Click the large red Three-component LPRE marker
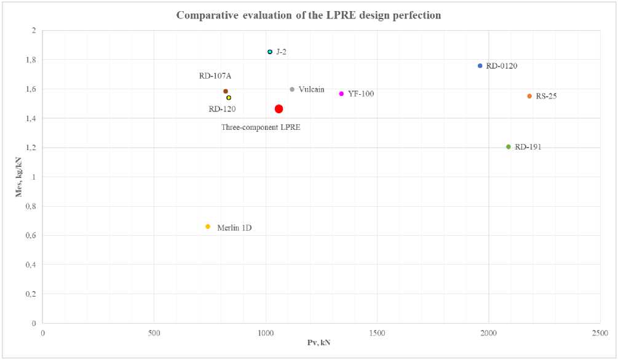[279, 109]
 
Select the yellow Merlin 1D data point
[208, 226]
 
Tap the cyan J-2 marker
[270, 52]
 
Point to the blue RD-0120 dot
[480, 65]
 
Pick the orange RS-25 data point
[529, 96]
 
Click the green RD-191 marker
[509, 146]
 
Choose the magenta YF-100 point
[341, 94]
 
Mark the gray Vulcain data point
[292, 89]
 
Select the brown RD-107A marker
[226, 91]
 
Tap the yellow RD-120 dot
[229, 97]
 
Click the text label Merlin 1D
[234, 228]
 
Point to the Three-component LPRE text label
[265, 127]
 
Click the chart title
[309, 15]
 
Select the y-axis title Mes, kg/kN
[19, 176]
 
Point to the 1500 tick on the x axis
[377, 333]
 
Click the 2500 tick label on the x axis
[600, 333]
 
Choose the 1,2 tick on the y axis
[31, 148]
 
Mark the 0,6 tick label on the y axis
[31, 235]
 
